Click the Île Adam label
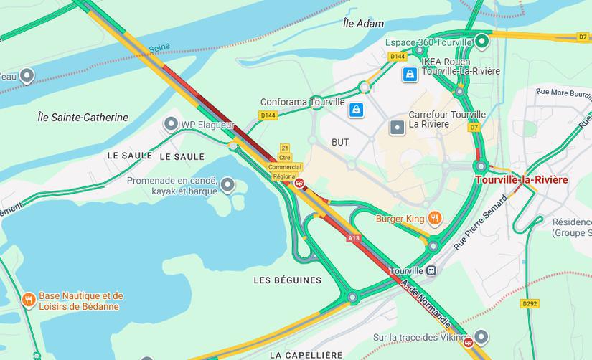[364, 24]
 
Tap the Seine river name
[159, 49]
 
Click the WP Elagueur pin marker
[171, 124]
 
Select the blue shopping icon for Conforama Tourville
[355, 110]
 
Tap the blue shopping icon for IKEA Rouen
[409, 74]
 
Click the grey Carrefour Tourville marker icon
[397, 128]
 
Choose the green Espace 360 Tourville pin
[482, 42]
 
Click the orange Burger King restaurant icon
[434, 217]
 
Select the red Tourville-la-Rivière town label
[531, 179]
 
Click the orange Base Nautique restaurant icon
[28, 299]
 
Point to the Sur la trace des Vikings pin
[481, 336]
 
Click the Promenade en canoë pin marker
[228, 186]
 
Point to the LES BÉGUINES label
[287, 279]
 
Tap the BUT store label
[340, 142]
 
